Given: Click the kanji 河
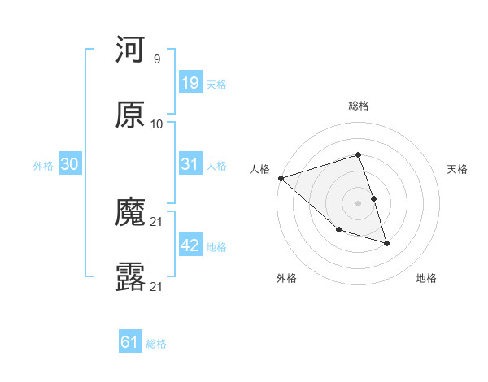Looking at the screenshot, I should click(x=131, y=51).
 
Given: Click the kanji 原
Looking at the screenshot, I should click(x=131, y=115).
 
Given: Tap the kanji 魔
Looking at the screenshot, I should click(x=131, y=213).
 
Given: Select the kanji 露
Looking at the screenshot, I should click(x=131, y=277).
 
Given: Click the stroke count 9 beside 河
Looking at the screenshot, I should click(x=156, y=59).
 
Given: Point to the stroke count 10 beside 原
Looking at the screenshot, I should click(x=157, y=124).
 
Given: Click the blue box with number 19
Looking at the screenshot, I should click(x=190, y=83).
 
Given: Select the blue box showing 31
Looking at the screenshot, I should click(x=190, y=164).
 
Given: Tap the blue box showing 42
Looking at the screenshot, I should click(x=190, y=245).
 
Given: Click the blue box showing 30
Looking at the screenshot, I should click(x=70, y=164).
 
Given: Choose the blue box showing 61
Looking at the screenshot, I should click(x=130, y=342).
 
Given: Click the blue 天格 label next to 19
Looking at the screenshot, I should click(x=216, y=85).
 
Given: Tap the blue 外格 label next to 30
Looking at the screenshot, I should click(x=43, y=166).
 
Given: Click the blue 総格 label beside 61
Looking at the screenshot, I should click(x=156, y=344).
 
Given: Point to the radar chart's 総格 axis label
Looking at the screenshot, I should click(x=359, y=106).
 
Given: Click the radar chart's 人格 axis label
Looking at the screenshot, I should click(x=259, y=169).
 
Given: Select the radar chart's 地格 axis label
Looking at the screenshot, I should click(x=426, y=278).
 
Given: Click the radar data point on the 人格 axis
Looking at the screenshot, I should click(x=281, y=178).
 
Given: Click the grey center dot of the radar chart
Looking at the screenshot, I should click(x=359, y=203).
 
